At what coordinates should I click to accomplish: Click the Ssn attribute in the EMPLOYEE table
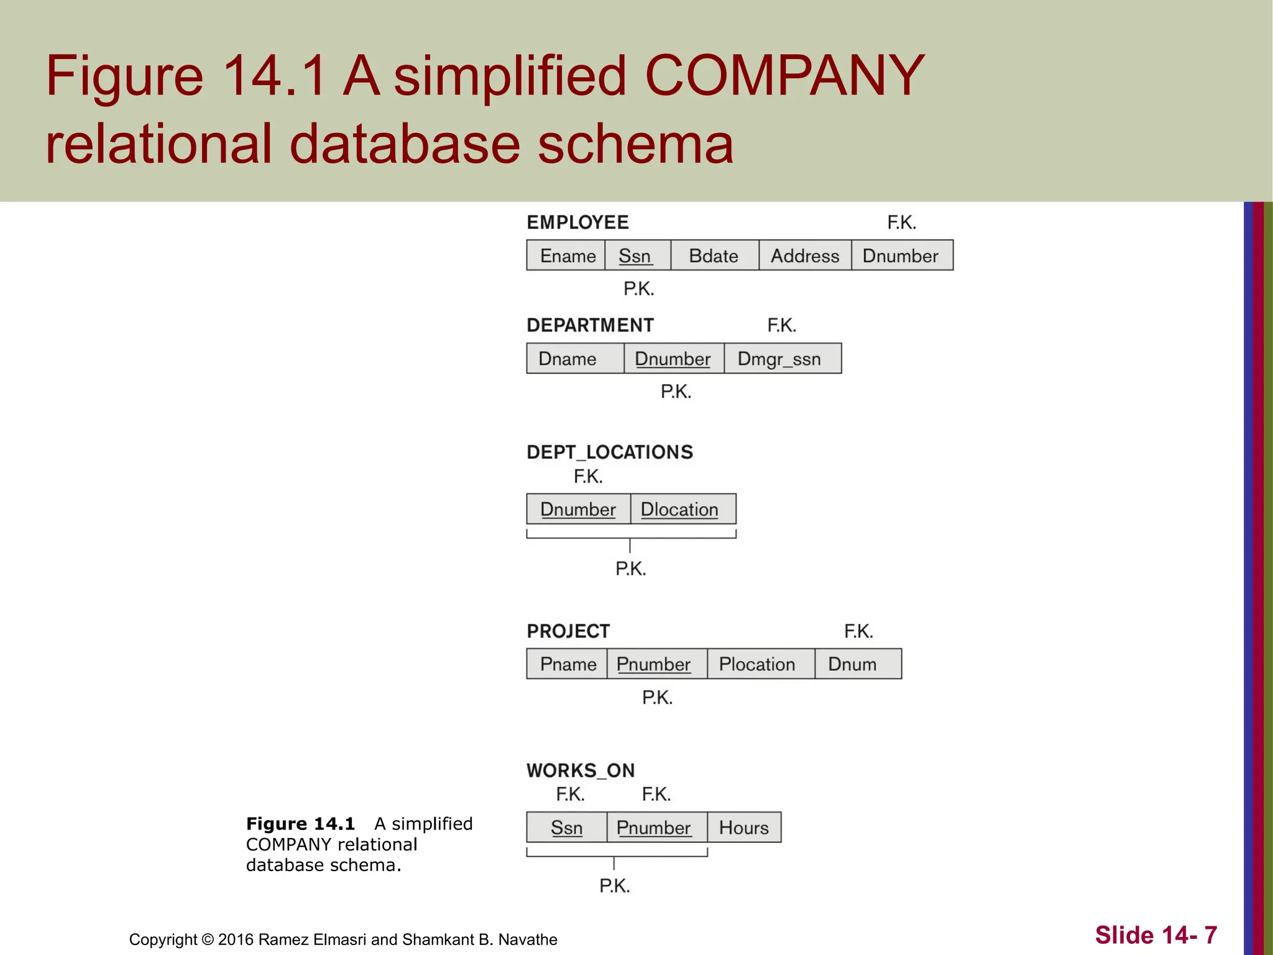(635, 256)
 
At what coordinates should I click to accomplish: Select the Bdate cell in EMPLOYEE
(714, 256)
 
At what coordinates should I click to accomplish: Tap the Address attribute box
(804, 256)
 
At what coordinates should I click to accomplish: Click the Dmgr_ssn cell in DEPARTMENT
(779, 359)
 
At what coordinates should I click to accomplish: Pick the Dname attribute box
(568, 359)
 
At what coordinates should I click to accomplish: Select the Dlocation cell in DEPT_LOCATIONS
(680, 509)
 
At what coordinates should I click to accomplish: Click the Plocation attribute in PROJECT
(757, 664)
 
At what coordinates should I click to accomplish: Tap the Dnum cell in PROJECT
(853, 664)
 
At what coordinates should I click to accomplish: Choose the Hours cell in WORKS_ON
(744, 828)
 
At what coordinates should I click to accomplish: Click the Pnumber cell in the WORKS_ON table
(654, 828)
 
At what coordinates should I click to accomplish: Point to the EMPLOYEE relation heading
(578, 222)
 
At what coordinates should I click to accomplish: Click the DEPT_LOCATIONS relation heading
(610, 452)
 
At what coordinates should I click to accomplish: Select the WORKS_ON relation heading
(581, 770)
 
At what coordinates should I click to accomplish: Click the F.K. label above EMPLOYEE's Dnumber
(902, 222)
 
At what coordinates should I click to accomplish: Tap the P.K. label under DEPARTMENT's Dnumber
(676, 392)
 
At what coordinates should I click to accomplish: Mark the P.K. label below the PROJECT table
(658, 698)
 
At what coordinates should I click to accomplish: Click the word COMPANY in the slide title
(784, 76)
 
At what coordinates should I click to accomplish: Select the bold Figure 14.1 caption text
(300, 824)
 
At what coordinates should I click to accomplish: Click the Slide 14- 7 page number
(1156, 935)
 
